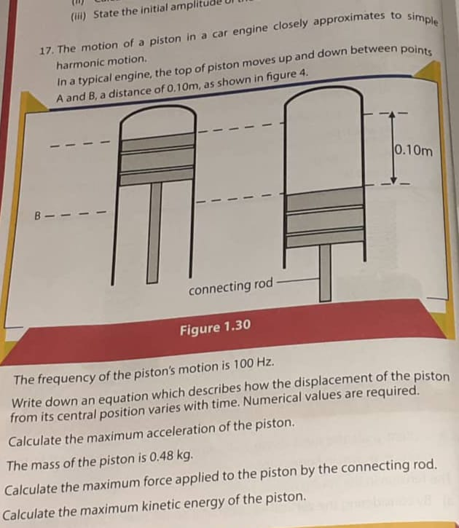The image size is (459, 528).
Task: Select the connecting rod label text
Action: tap(229, 288)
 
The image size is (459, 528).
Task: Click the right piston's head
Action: tap(324, 216)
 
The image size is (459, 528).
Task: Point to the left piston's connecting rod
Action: tap(154, 233)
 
